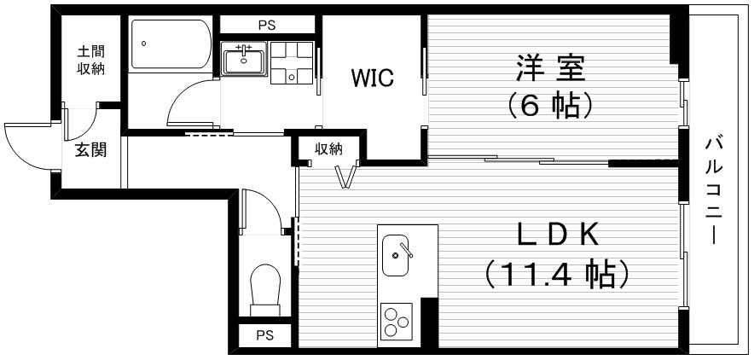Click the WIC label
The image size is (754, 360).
tap(372, 78)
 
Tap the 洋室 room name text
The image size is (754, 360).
tap(551, 68)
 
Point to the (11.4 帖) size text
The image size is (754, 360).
tap(557, 274)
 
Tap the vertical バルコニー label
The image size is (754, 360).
tap(714, 190)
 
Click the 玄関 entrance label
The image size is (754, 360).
tap(90, 150)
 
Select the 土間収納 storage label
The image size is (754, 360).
tap(91, 60)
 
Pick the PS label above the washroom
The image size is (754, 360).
tap(267, 26)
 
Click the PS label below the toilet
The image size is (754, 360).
tap(264, 335)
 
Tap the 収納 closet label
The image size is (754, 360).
tap(329, 149)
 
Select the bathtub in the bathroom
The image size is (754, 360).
tap(171, 44)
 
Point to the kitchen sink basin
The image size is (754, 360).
tap(395, 256)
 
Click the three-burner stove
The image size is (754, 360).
tap(397, 321)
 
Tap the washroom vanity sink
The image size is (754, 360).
tap(244, 59)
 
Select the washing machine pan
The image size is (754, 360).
tap(292, 62)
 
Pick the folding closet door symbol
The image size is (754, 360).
tap(349, 176)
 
